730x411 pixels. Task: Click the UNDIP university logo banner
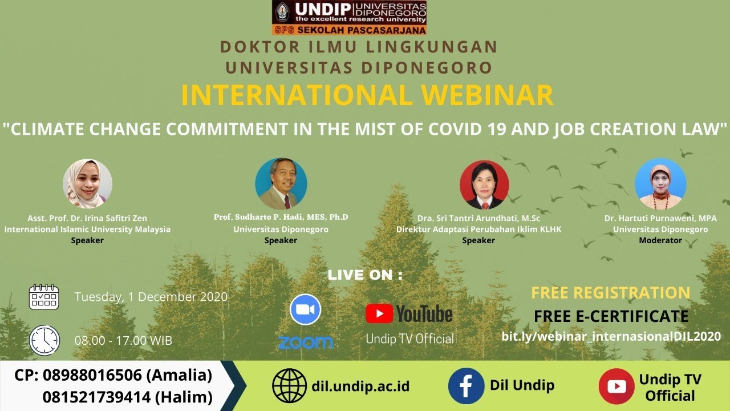pos(350,18)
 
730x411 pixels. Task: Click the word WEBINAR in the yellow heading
pos(487,95)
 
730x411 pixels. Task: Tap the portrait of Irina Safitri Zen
pos(87,184)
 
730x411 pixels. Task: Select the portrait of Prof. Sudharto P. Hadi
pos(281,184)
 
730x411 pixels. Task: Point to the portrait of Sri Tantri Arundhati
pos(485,184)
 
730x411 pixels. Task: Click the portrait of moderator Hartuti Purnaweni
pos(660,184)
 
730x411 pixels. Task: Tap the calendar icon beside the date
pos(44,297)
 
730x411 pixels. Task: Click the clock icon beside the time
pos(44,340)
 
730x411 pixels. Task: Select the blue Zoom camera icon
pos(305,309)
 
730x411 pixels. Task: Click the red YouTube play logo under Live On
pos(379,313)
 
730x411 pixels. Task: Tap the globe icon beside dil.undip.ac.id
pos(289,385)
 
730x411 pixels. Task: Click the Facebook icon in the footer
pos(466,386)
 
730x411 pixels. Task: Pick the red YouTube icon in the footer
pos(617,386)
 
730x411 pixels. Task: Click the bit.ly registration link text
pos(611,336)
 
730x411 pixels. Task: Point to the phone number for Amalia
pos(92,375)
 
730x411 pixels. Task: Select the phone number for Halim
pos(96,397)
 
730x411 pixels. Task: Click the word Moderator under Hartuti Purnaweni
pos(660,240)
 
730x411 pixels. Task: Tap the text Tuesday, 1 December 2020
pos(151,297)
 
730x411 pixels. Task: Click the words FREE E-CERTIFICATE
pos(611,316)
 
